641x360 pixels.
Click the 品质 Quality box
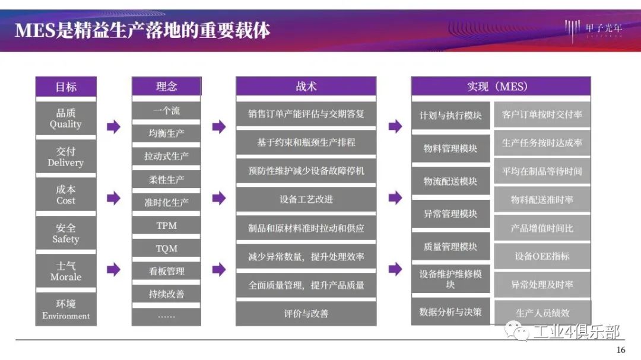(66, 119)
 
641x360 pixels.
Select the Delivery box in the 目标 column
(66, 157)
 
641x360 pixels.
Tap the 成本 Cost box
(66, 195)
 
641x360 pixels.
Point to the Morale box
(66, 271)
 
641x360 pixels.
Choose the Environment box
(66, 309)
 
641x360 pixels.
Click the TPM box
(166, 225)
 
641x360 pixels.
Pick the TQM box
(166, 249)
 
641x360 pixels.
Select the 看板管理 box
(166, 271)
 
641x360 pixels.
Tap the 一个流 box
(166, 111)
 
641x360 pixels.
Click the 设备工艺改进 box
(306, 199)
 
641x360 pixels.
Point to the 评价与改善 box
(306, 313)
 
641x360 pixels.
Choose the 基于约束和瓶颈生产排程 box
(306, 142)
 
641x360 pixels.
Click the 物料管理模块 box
(450, 148)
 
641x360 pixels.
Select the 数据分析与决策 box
(450, 312)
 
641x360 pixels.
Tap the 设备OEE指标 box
(542, 256)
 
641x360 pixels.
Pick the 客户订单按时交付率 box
(542, 114)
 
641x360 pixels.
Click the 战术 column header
(306, 86)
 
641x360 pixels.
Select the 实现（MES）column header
(501, 86)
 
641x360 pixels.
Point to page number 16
(621, 350)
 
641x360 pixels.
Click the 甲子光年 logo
(594, 30)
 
